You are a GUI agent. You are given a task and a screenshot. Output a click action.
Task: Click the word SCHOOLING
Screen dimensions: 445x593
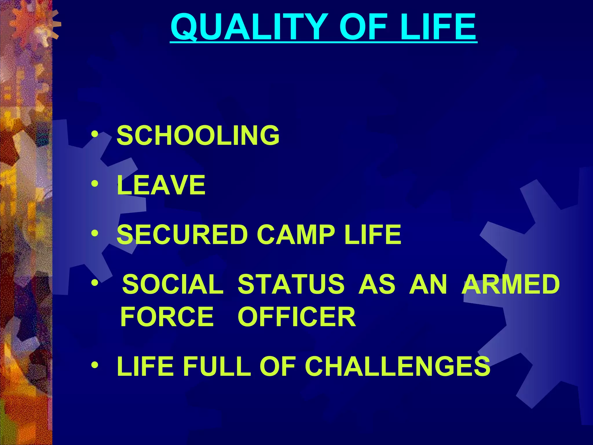click(198, 135)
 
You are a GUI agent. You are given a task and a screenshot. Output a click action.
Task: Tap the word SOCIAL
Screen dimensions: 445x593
click(173, 284)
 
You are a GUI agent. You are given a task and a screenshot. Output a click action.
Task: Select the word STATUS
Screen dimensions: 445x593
click(291, 284)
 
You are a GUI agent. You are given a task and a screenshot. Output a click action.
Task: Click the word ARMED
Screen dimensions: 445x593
click(510, 284)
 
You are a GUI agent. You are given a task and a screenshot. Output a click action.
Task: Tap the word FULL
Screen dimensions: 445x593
click(217, 366)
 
